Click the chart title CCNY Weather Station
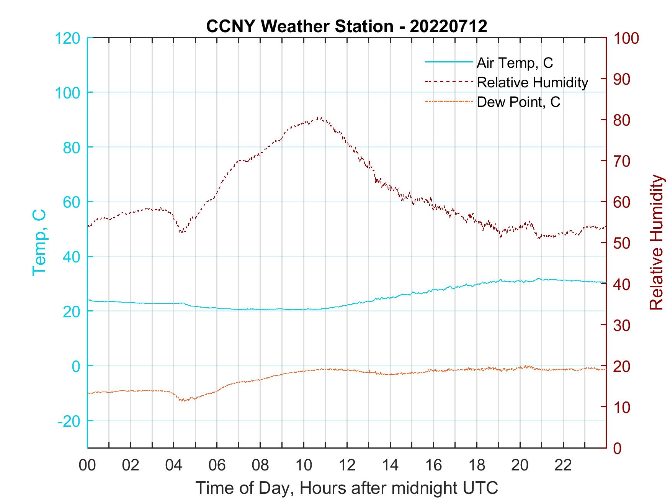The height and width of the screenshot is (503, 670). point(346,26)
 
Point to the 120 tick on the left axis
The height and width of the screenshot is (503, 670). point(68,38)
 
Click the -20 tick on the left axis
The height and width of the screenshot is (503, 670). point(69,421)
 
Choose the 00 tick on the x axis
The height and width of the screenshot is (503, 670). point(87,465)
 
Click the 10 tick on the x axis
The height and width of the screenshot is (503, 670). point(304,465)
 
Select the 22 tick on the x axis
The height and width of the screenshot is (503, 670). point(563,465)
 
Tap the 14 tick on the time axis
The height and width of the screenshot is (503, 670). point(390,465)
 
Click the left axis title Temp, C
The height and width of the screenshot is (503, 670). point(39,242)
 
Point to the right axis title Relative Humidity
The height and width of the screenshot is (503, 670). point(656,242)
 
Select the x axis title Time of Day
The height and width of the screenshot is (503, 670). point(346,488)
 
